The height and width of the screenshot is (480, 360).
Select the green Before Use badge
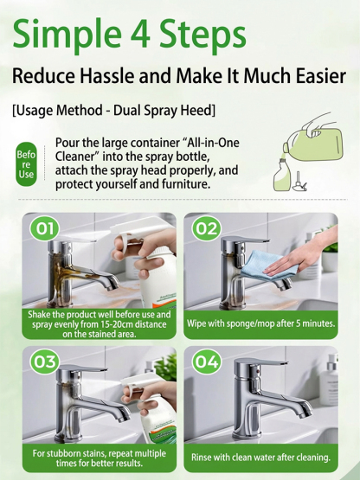pos(26,163)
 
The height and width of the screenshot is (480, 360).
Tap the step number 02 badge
pos(205,228)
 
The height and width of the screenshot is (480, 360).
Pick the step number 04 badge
pos(205,362)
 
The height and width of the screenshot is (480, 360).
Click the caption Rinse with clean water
pos(259,457)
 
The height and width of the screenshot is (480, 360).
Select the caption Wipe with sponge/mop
pos(260,323)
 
